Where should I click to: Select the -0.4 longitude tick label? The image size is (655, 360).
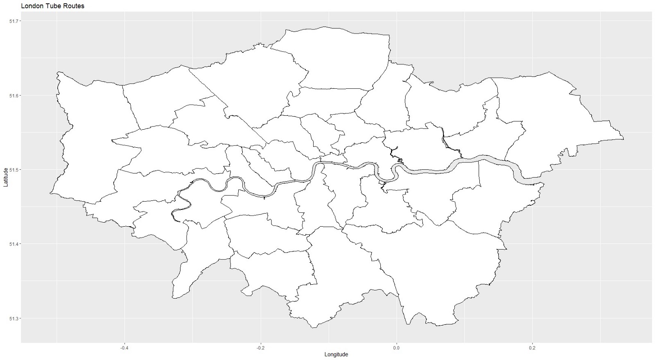pos(124,348)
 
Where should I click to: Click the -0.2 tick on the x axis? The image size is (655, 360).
pos(260,348)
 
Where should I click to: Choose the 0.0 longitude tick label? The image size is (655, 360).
pos(396,348)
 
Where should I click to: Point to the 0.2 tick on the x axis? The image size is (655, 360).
pos(532,348)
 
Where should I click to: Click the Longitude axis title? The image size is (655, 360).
pos(336,354)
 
